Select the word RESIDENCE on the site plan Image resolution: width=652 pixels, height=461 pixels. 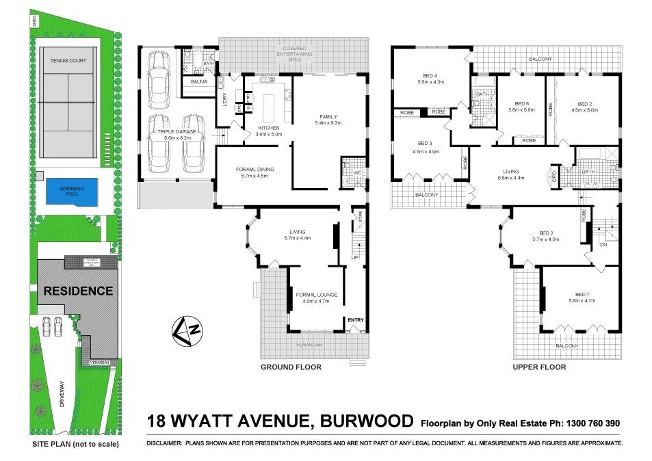(79, 291)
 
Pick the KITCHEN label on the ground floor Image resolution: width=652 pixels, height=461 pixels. (268, 127)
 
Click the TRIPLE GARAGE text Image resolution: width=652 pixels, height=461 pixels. (177, 131)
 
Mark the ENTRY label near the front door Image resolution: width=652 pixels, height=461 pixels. (355, 320)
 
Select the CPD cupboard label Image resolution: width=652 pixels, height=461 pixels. (554, 176)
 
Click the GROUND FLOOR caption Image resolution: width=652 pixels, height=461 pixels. (291, 367)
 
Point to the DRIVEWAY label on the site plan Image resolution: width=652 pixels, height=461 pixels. (61, 393)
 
